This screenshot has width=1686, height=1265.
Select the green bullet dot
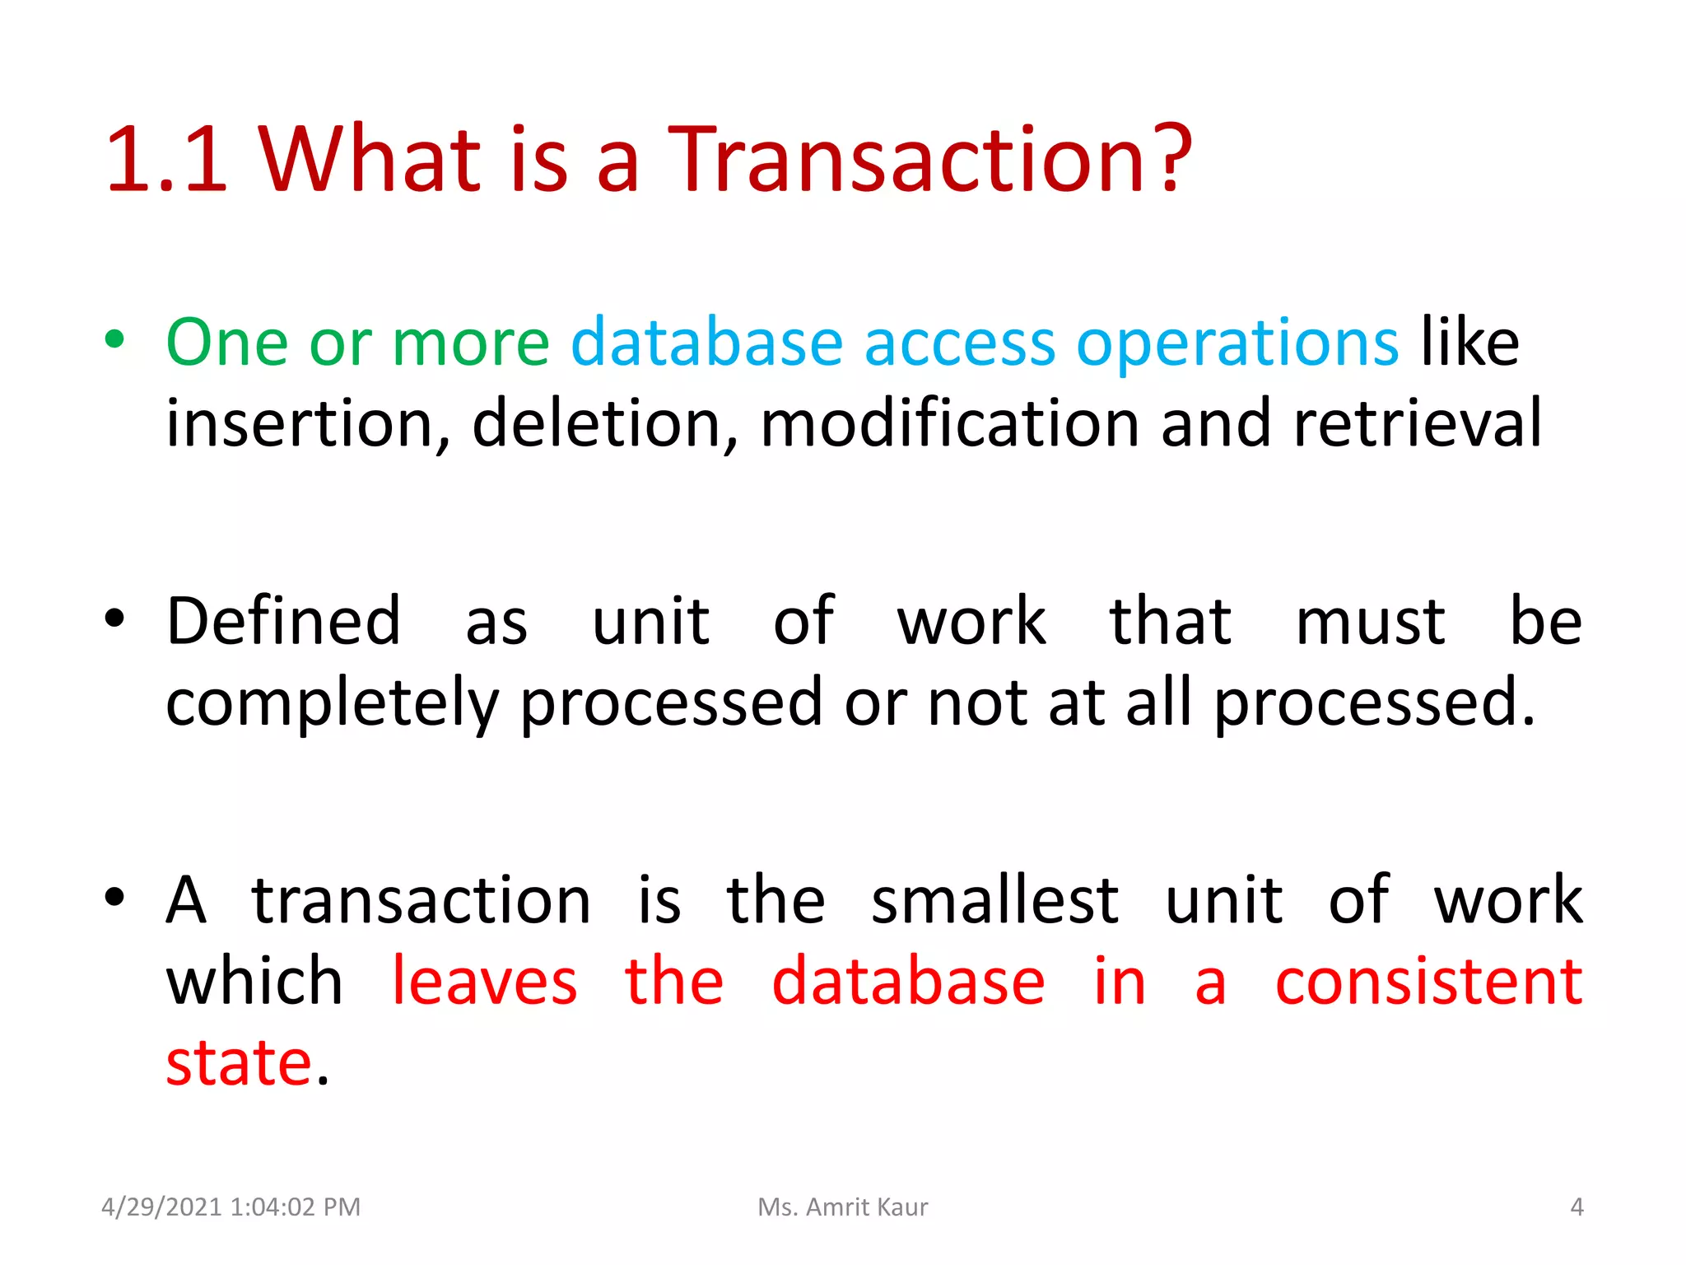(x=115, y=339)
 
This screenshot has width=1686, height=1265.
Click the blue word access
(x=960, y=343)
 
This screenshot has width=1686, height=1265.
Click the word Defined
(x=283, y=621)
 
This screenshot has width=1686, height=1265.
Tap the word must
(x=1370, y=621)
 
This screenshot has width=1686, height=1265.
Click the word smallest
(x=994, y=901)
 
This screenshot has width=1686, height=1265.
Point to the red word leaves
(x=484, y=982)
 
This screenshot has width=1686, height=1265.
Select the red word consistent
(x=1428, y=982)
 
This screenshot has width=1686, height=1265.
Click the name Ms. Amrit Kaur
(x=843, y=1207)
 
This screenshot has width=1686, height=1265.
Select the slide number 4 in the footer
(x=1577, y=1207)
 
